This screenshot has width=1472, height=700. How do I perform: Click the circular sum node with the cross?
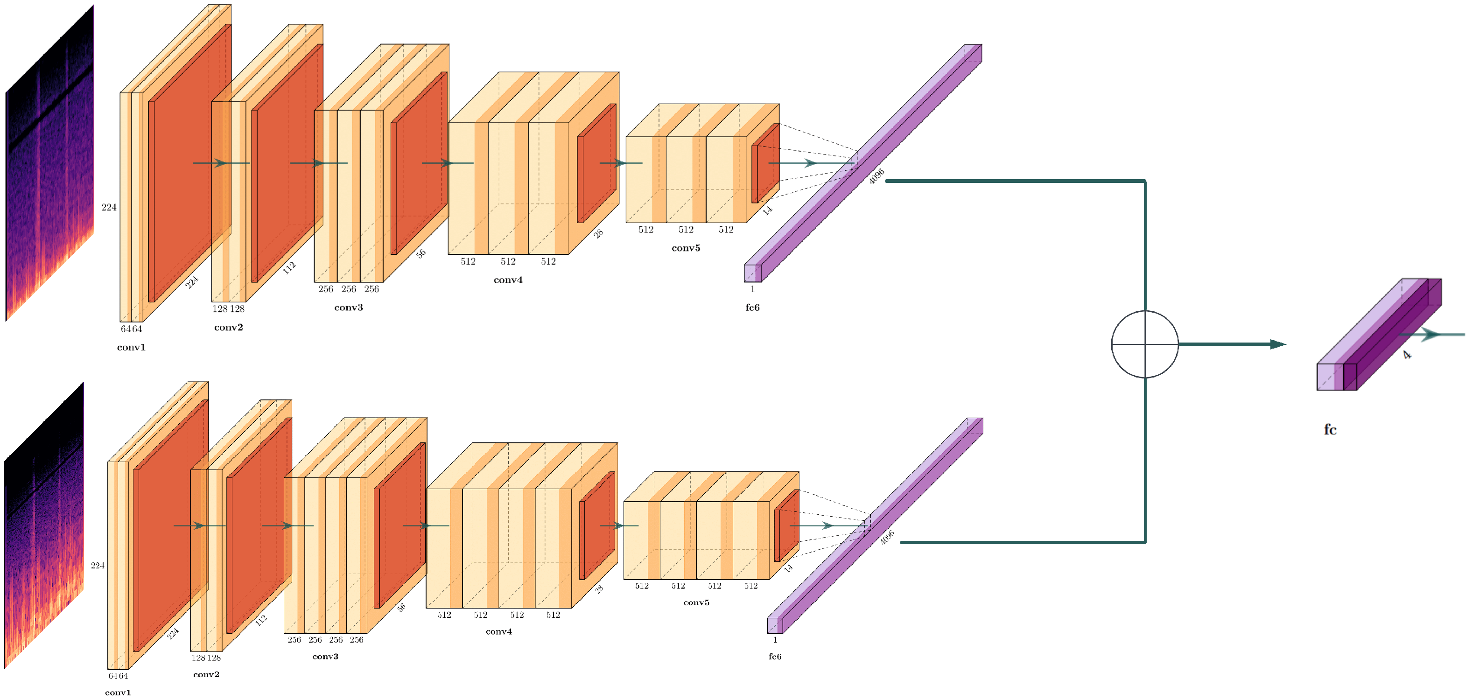click(1144, 344)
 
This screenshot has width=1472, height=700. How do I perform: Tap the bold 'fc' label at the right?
click(1330, 430)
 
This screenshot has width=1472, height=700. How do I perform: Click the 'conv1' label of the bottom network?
click(118, 693)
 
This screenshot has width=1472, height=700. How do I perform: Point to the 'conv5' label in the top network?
click(686, 248)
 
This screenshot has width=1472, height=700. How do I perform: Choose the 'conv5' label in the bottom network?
click(696, 602)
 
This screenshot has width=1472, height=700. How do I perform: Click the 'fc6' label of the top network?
click(753, 308)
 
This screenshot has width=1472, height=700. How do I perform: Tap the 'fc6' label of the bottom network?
click(775, 657)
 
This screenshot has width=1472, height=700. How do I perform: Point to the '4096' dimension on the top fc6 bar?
click(876, 176)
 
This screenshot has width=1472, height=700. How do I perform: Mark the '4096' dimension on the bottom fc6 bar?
click(887, 538)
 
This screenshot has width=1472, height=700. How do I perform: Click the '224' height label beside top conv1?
click(109, 207)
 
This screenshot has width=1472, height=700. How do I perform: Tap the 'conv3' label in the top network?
click(349, 308)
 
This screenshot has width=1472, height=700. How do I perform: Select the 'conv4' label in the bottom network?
click(499, 631)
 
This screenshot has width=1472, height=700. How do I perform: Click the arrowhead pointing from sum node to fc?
click(1278, 344)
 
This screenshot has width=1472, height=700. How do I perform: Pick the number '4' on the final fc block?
click(1407, 355)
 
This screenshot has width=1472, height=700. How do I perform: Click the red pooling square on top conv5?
click(766, 163)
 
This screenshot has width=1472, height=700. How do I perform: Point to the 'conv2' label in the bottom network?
click(206, 674)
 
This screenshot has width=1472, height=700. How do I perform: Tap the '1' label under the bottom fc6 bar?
click(775, 640)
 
